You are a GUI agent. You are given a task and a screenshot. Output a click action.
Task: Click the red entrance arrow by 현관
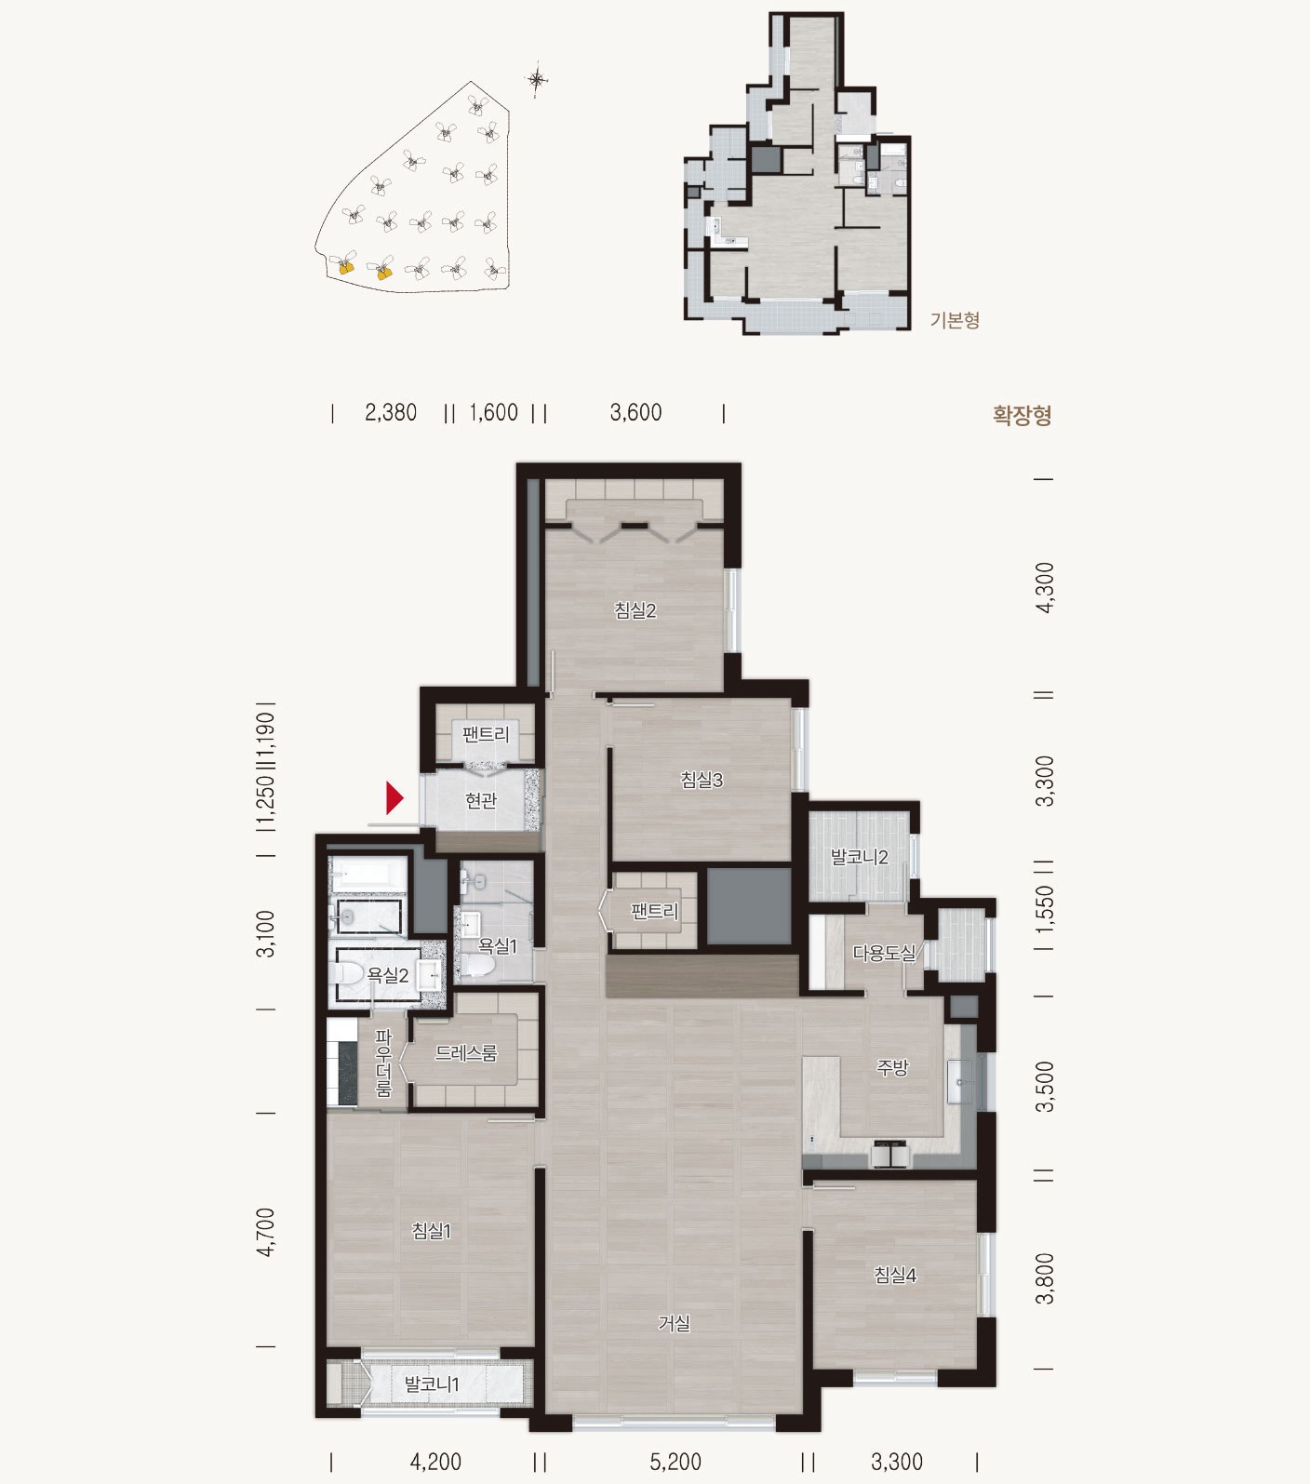click(394, 798)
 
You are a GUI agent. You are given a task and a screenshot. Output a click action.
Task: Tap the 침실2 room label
click(635, 610)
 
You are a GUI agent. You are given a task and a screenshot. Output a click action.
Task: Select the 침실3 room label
click(702, 780)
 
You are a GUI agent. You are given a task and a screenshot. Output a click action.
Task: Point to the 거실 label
click(674, 1322)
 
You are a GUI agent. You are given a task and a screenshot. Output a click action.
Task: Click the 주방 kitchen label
click(891, 1067)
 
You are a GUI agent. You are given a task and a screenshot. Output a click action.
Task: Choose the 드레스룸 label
click(466, 1053)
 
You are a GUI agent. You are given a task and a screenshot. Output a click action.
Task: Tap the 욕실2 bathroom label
click(387, 975)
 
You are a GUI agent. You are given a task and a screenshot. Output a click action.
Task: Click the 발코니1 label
click(432, 1384)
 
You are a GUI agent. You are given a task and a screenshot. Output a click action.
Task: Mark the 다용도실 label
click(884, 953)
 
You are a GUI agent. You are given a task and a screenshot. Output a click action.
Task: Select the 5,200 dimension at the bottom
click(675, 1462)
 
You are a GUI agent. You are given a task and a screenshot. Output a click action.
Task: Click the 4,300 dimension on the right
click(1045, 587)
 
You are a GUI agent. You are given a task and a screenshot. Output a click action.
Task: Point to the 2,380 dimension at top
click(391, 412)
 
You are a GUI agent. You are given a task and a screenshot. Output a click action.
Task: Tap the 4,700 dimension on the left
click(266, 1232)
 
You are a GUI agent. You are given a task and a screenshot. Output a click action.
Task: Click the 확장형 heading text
click(1022, 415)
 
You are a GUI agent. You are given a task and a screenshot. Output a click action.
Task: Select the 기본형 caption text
click(955, 320)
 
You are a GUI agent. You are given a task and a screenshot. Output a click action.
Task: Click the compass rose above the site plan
click(538, 81)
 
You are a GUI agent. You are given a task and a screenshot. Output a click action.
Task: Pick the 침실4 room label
click(895, 1275)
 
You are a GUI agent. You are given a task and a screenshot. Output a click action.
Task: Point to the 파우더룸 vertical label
click(383, 1063)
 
